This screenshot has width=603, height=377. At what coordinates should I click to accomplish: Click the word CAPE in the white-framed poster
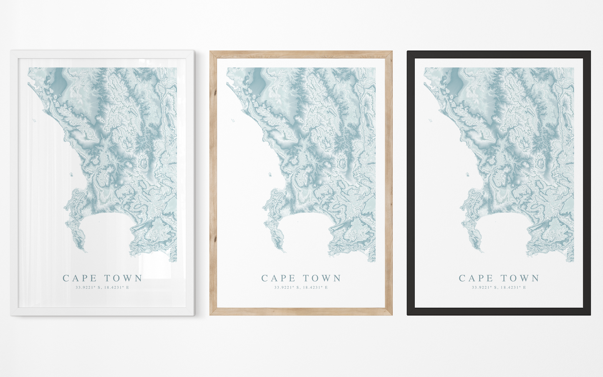(x=80, y=278)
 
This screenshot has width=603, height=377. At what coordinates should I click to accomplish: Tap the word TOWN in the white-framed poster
(x=124, y=278)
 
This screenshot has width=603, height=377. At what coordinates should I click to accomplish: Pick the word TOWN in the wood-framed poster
(x=322, y=278)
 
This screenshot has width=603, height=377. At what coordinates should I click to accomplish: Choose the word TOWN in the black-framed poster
(x=520, y=278)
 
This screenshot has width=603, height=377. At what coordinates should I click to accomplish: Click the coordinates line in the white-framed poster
(x=102, y=287)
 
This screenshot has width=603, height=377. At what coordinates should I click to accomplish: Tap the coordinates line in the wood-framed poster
(x=301, y=287)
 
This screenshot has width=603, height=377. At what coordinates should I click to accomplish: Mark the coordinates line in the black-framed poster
(x=499, y=287)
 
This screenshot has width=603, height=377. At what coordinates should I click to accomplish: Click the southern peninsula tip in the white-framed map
(x=86, y=251)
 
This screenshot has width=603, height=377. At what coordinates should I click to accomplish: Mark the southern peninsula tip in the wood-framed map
(x=284, y=251)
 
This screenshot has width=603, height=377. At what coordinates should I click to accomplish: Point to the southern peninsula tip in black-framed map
(x=482, y=251)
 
